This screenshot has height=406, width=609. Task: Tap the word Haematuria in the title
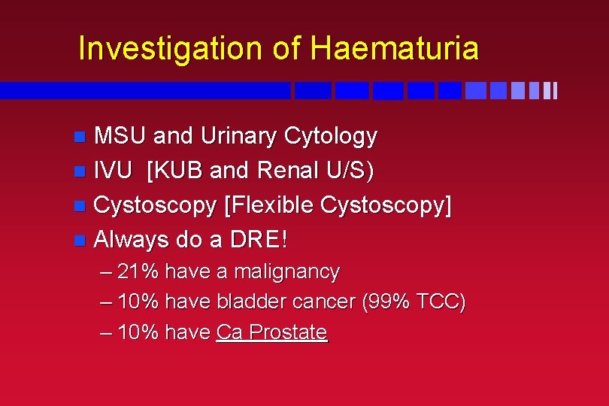[394, 49]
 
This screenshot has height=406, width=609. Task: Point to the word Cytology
[331, 137]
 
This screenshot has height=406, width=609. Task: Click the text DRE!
[259, 241]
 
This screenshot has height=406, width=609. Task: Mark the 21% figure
[138, 271]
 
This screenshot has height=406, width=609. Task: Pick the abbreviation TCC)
[443, 302]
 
